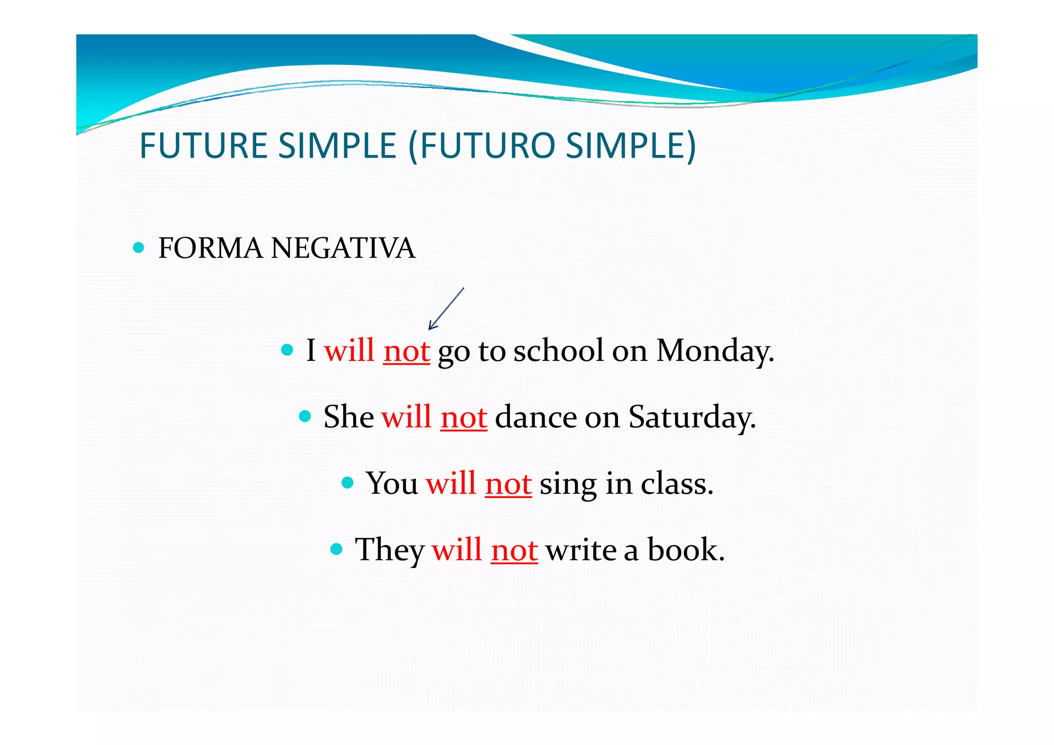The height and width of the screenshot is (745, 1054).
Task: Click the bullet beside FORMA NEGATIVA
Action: point(138,248)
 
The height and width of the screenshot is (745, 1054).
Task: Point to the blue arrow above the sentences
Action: point(446,308)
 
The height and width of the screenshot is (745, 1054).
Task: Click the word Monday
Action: point(715,352)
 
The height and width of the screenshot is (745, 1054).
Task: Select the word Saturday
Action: point(692,418)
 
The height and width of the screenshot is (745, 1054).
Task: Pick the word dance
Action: point(536,417)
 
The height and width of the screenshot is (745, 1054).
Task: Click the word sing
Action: point(568,485)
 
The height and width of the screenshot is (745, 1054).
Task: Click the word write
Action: point(581,550)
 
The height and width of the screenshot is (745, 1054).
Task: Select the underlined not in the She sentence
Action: point(464,418)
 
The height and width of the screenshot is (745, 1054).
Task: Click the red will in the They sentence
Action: point(456,550)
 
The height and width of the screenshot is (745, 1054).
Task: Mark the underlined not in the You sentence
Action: point(508,484)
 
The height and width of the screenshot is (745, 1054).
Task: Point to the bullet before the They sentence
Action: point(337,549)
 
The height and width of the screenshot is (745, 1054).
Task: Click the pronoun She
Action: point(348,417)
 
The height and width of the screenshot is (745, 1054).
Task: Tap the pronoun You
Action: point(392,484)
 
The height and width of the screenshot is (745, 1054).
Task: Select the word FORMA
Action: point(210,249)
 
